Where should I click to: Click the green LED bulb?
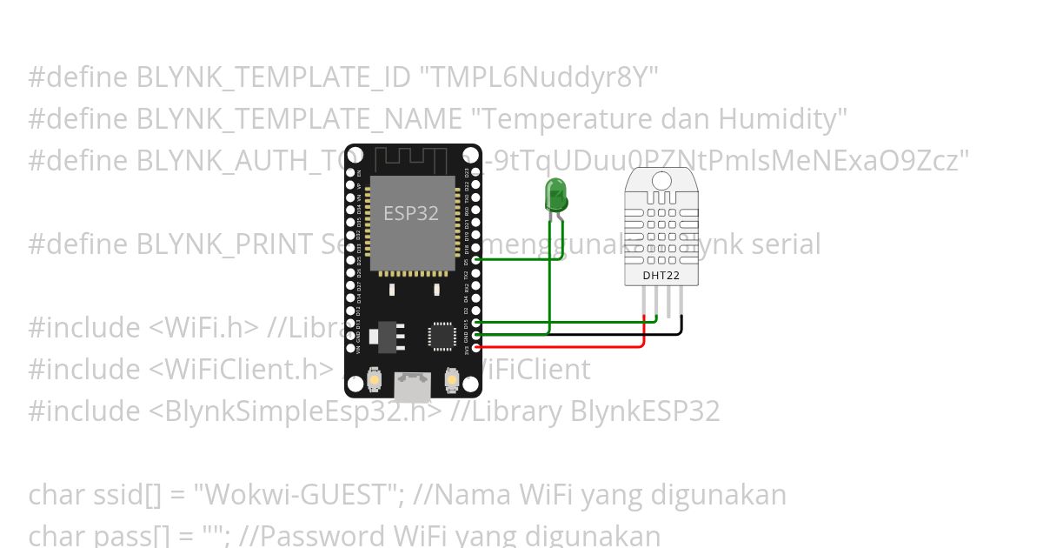point(555,194)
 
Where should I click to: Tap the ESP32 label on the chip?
point(411,213)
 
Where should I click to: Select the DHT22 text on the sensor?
point(661,276)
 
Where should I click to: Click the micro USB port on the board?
point(412,384)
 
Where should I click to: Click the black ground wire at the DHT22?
point(681,324)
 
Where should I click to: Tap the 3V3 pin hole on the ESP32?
point(475,348)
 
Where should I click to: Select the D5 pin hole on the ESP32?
point(475,259)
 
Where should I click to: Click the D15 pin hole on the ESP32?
point(475,323)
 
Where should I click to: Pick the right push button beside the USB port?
point(451,380)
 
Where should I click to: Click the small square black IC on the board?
point(442,336)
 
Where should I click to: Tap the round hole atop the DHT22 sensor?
point(661,180)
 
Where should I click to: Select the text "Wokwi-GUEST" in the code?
point(301,495)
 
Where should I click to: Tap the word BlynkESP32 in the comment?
point(645,411)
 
